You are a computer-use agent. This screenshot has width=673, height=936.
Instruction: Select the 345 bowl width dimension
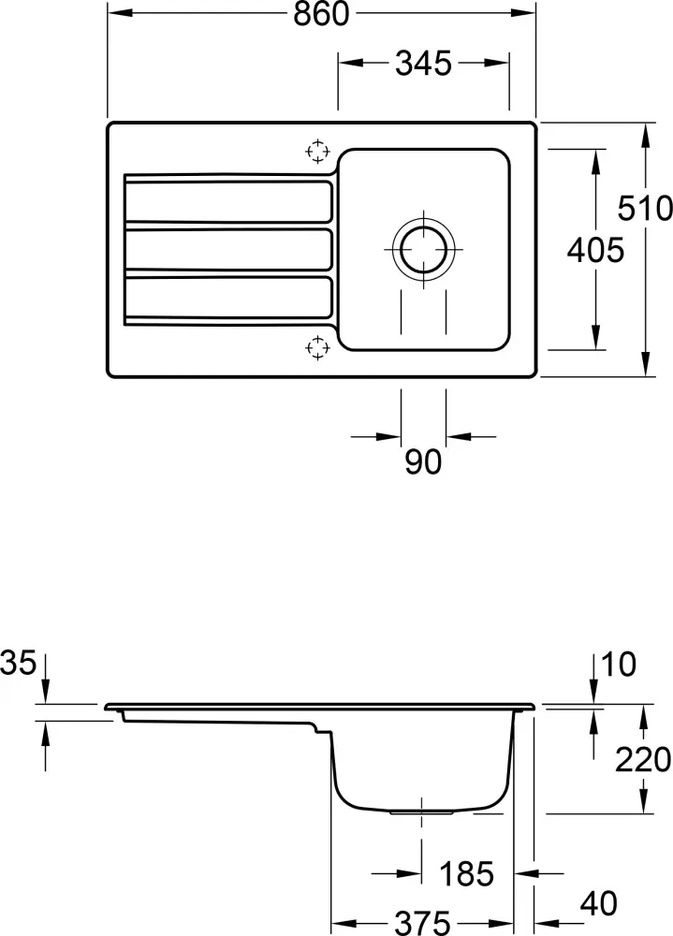pos(423,64)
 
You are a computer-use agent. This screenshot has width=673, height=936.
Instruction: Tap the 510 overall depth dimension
pos(652,207)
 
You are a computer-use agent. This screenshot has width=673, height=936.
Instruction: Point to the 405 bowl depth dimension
pos(594,250)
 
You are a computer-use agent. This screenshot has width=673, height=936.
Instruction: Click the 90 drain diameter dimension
pos(423,461)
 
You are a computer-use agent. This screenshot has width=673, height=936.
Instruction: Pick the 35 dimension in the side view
pos(19,664)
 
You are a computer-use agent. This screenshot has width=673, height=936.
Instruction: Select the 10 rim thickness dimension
pos(620,665)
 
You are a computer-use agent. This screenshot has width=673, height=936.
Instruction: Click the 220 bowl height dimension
pos(642,760)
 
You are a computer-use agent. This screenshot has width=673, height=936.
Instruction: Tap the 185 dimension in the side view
pos(466,874)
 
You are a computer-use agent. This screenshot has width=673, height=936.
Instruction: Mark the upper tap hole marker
pos(317,151)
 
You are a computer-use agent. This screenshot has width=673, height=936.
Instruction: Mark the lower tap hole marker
pos(317,347)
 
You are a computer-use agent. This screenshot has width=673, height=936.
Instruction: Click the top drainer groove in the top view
pos(227,200)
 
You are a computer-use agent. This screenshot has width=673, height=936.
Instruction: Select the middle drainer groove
pos(227,250)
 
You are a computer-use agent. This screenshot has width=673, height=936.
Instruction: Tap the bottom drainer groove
pos(227,298)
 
